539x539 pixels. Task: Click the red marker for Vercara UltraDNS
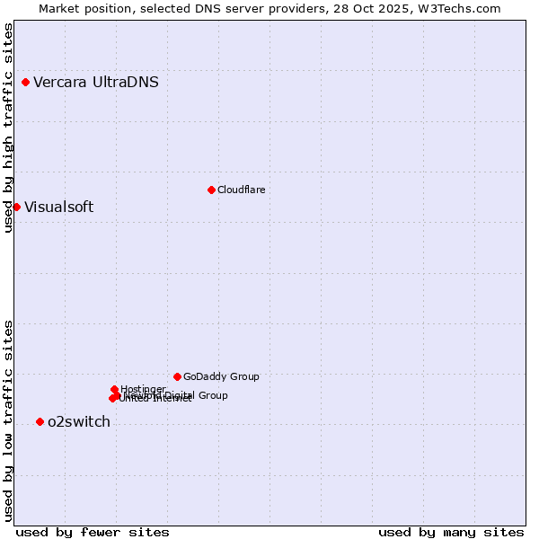click(25, 83)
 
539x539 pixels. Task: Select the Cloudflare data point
click(211, 190)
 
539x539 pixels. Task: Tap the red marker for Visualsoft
click(16, 208)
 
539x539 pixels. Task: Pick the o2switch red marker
click(40, 422)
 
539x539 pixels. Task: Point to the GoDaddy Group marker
click(177, 376)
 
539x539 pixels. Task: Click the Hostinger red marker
click(115, 389)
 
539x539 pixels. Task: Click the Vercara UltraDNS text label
click(96, 83)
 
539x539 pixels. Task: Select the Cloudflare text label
click(242, 190)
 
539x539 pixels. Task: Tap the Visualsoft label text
click(59, 208)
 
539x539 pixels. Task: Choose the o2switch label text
click(79, 422)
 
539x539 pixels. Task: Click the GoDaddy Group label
click(221, 376)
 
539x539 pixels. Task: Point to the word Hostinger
click(143, 389)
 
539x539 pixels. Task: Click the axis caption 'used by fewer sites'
click(93, 532)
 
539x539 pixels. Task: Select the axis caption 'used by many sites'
click(451, 532)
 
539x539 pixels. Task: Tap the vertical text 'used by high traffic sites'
click(8, 128)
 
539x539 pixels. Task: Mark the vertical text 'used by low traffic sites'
click(8, 420)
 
